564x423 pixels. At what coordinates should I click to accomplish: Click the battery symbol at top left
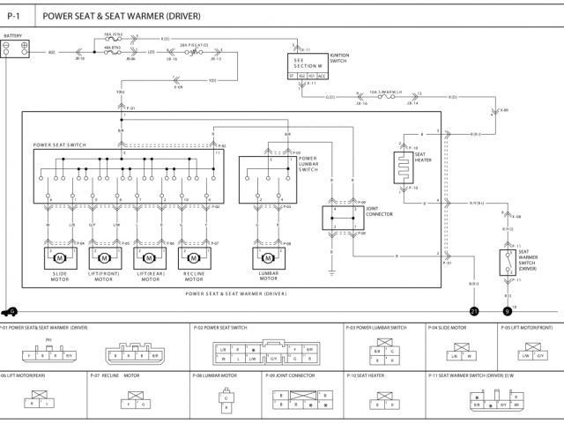15,48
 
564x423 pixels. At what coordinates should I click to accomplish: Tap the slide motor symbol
61,258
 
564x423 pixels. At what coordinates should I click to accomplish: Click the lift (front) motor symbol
104,258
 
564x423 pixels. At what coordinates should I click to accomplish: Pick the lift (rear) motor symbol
149,258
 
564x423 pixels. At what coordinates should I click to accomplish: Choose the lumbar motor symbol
267,258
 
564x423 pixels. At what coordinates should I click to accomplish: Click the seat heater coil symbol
404,167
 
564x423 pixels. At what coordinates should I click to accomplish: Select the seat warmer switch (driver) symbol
508,262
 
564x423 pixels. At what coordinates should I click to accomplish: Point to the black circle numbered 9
508,311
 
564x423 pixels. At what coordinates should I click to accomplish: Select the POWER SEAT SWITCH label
60,145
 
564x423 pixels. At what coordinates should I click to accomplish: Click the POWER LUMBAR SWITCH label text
308,164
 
